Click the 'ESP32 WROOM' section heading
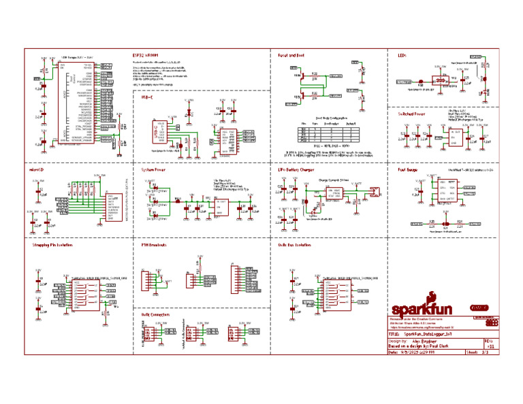pyautogui.click(x=146, y=54)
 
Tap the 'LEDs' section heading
pyautogui.click(x=402, y=54)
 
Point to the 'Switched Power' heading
pyautogui.click(x=411, y=114)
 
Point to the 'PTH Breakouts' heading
pyautogui.click(x=154, y=244)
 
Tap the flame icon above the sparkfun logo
pyautogui.click(x=430, y=296)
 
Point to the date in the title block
pyautogui.click(x=422, y=353)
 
